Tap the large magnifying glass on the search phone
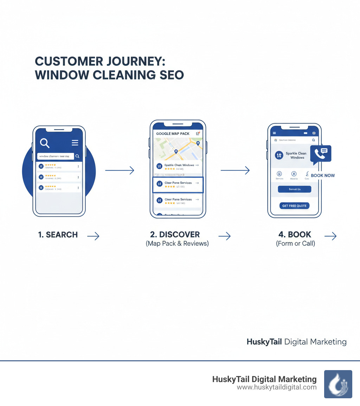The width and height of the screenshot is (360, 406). (45, 143)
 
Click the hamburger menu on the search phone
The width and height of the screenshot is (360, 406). (75, 142)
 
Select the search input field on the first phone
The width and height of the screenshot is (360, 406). (56, 156)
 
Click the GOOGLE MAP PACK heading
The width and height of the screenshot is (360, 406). (173, 134)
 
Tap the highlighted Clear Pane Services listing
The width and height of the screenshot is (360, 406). (178, 185)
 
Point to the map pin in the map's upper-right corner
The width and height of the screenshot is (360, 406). (198, 143)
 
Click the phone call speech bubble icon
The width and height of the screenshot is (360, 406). (321, 153)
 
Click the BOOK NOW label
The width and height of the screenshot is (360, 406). (323, 176)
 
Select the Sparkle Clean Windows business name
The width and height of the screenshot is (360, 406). (296, 155)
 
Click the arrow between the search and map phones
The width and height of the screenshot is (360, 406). (120, 171)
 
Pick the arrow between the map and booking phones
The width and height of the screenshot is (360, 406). (235, 171)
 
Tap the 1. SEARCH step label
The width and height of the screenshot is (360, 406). (58, 235)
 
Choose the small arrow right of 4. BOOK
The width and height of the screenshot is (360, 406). (330, 236)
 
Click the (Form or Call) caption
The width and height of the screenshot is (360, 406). (295, 243)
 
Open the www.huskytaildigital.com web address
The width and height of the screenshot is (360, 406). (277, 387)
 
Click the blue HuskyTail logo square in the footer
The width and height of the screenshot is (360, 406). (338, 384)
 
